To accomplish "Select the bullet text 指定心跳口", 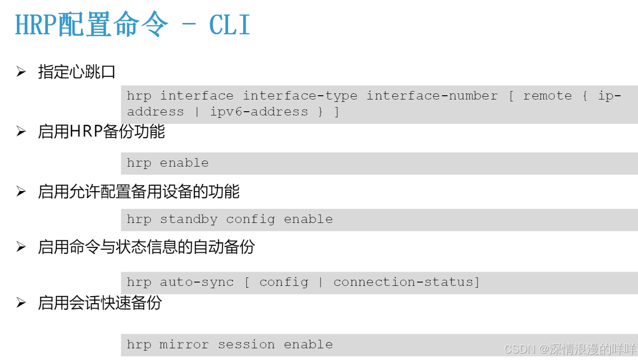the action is pyautogui.click(x=77, y=72).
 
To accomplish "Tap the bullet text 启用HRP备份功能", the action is pyautogui.click(x=101, y=132).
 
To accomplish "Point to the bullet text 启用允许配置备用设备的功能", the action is pyautogui.click(x=139, y=191).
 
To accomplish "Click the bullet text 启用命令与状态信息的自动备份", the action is pyautogui.click(x=146, y=247).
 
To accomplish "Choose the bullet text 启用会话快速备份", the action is pyautogui.click(x=100, y=303).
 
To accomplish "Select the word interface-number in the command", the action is pyautogui.click(x=432, y=96).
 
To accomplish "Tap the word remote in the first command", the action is pyautogui.click(x=547, y=96).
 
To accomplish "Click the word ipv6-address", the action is pyautogui.click(x=259, y=112).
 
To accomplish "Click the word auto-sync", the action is pyautogui.click(x=196, y=282).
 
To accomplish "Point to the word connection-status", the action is pyautogui.click(x=403, y=282).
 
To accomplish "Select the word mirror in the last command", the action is pyautogui.click(x=184, y=345).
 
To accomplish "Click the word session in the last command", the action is pyautogui.click(x=246, y=345).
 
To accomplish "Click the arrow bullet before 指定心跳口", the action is pyautogui.click(x=21, y=72).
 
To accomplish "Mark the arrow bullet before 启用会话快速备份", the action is pyautogui.click(x=21, y=303).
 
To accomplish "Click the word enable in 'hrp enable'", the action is pyautogui.click(x=184, y=163).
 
